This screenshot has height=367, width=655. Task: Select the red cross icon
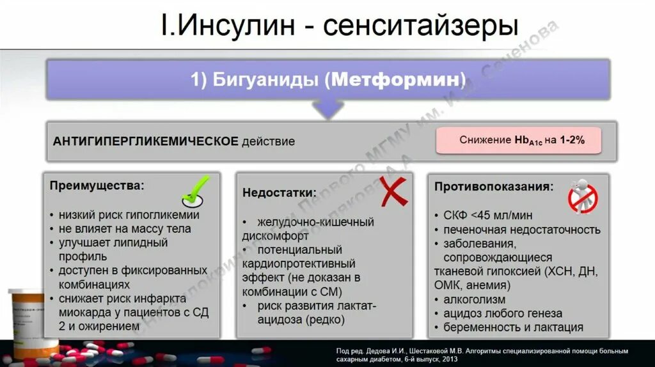(393, 191)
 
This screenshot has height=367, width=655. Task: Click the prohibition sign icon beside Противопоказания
(582, 196)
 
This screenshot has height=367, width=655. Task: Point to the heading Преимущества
(97, 186)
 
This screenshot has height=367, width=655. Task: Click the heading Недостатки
(279, 192)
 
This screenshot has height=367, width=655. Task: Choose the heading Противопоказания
(494, 187)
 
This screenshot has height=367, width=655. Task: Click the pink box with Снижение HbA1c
(519, 140)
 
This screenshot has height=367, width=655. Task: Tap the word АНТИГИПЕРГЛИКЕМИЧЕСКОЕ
(145, 141)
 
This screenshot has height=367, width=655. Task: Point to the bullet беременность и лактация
(513, 327)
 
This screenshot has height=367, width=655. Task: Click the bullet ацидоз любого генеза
(503, 313)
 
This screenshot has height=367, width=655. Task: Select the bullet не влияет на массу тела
(125, 229)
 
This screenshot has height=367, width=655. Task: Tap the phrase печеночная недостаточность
(521, 230)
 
